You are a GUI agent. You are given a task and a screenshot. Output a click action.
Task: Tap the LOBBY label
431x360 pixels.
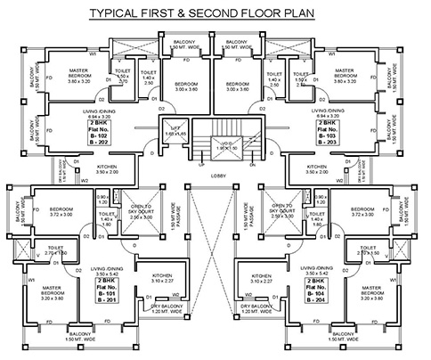click(x=216, y=176)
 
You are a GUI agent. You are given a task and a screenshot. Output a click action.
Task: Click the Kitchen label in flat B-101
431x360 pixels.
click(x=161, y=279)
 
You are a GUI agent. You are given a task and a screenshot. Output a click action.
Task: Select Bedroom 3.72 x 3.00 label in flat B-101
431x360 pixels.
click(x=47, y=212)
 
